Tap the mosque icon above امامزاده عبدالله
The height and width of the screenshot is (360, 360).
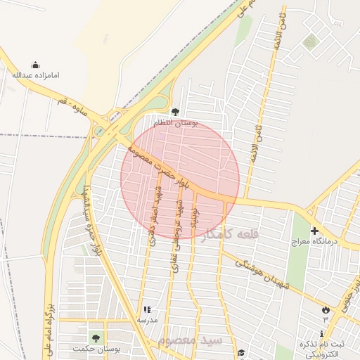[36, 65]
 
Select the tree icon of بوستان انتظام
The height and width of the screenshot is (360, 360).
[175, 111]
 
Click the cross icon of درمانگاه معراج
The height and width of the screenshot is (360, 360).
[314, 231]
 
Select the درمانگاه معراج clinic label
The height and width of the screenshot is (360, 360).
[314, 241]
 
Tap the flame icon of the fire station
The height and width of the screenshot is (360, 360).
[325, 309]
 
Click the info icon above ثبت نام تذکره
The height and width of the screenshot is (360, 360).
[322, 333]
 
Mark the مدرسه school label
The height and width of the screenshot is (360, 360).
[147, 320]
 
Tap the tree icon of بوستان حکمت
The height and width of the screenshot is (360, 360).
[96, 338]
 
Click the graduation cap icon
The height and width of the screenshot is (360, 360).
[242, 353]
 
